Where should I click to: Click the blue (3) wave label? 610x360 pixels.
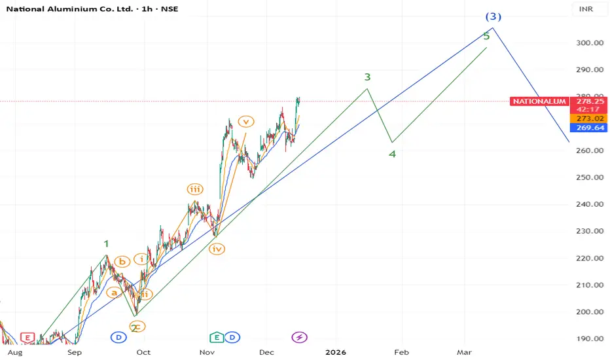click(x=493, y=16)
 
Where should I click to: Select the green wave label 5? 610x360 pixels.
click(x=486, y=36)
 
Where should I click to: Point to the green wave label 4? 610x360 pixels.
click(x=392, y=154)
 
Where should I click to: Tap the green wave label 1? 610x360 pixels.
click(x=106, y=243)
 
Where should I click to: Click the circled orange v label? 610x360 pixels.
click(x=245, y=121)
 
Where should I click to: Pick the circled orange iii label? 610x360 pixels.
click(x=195, y=189)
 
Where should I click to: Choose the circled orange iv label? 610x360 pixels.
click(x=217, y=249)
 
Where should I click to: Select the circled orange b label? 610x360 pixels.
click(x=122, y=262)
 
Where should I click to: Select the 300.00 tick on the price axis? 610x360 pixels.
click(x=590, y=43)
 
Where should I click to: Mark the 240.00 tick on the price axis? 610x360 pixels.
click(x=590, y=204)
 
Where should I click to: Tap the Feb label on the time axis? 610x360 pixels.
click(x=401, y=352)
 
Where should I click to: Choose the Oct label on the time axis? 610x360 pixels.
click(x=143, y=352)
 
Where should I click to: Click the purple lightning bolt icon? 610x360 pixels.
click(x=299, y=337)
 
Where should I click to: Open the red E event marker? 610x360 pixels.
click(x=27, y=337)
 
